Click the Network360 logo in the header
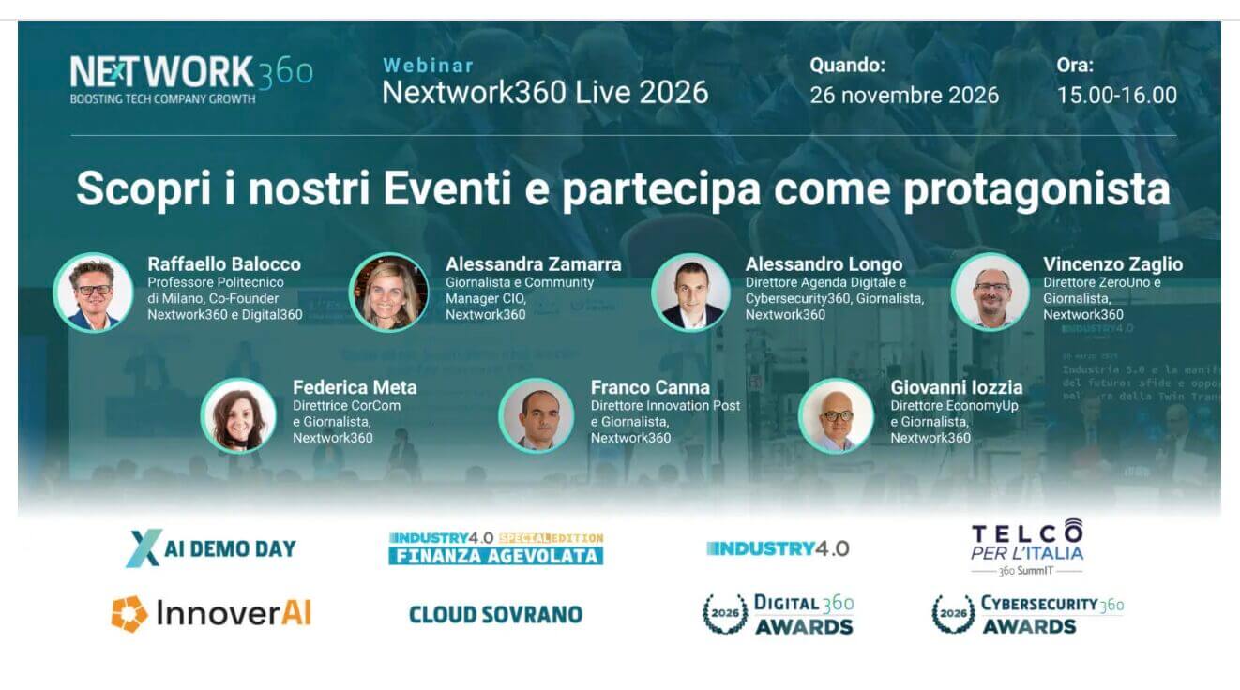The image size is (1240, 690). [190, 78]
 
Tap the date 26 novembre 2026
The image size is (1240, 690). [904, 95]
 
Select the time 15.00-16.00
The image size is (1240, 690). [1116, 95]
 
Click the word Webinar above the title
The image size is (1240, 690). [428, 66]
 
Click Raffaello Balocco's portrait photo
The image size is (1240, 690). [93, 292]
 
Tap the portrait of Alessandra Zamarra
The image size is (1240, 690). [388, 292]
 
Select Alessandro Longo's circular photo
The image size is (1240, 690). [690, 292]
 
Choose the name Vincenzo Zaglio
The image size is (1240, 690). [1112, 264]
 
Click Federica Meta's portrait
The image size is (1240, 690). [238, 415]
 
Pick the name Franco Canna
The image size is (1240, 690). [650, 387]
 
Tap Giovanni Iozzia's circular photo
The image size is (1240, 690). [836, 415]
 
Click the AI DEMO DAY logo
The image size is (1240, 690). [211, 548]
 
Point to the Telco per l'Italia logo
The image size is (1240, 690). [1026, 547]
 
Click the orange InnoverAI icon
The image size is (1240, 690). [129, 614]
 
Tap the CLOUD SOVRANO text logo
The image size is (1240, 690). [495, 615]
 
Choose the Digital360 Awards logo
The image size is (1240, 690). [778, 614]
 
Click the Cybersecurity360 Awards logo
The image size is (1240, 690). [1027, 614]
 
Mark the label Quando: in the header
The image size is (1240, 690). [847, 66]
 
